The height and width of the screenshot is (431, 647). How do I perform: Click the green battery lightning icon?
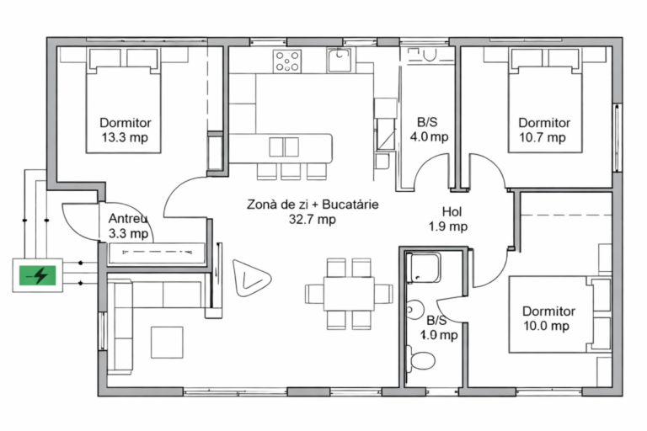pyautogui.click(x=38, y=275)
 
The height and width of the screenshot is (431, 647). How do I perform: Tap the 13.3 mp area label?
pyautogui.click(x=125, y=137)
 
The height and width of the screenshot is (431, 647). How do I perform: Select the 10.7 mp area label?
pyautogui.click(x=543, y=137)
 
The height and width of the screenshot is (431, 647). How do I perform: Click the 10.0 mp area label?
pyautogui.click(x=546, y=326)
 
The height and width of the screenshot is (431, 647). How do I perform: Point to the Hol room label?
pyautogui.click(x=452, y=211)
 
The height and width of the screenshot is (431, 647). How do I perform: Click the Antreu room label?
pyautogui.click(x=128, y=218)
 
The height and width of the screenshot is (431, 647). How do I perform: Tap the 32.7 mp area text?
pyautogui.click(x=313, y=219)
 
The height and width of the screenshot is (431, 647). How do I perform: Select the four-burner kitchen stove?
pyautogui.click(x=287, y=61)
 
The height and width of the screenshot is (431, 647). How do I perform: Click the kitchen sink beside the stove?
pyautogui.click(x=340, y=60)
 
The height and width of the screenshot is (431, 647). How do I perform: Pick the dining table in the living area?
pyautogui.click(x=349, y=294)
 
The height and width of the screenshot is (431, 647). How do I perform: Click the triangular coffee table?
pyautogui.click(x=250, y=278)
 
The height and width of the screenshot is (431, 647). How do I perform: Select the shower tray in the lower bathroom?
pyautogui.click(x=424, y=268)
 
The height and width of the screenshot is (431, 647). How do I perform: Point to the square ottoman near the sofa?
pyautogui.click(x=167, y=343)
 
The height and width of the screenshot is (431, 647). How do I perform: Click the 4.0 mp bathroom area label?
pyautogui.click(x=429, y=136)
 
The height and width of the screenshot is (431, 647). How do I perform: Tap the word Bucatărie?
pyautogui.click(x=350, y=205)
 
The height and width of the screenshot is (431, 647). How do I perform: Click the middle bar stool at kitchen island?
pyautogui.click(x=291, y=172)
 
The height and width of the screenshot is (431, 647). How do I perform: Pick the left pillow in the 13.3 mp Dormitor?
pyautogui.click(x=104, y=59)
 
